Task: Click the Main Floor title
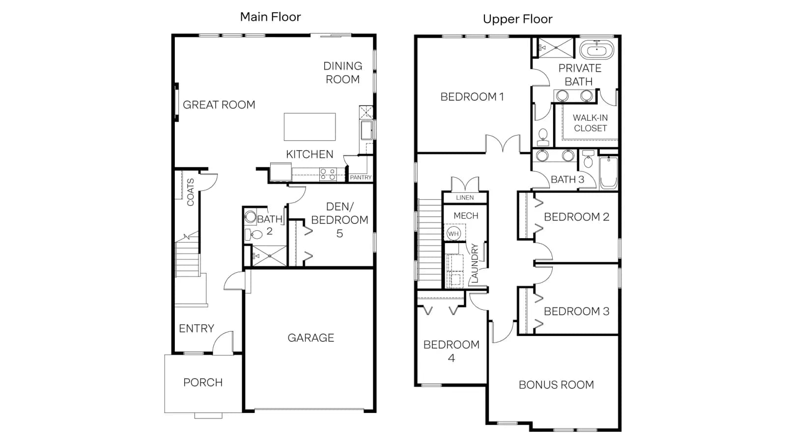coord(270,17)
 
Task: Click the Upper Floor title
coord(518,19)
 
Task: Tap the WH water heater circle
coord(453,233)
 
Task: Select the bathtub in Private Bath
coord(596,50)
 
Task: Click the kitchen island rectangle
coord(309,127)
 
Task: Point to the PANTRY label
coord(361,177)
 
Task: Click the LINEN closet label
coord(465,197)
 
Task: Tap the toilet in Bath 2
coord(254,234)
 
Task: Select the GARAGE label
coord(310,338)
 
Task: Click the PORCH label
coord(203,383)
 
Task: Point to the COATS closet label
coord(191,192)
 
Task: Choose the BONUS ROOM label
coord(556,385)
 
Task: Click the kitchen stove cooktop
coord(328,174)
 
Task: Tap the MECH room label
coord(466,216)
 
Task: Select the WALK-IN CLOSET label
coord(590,123)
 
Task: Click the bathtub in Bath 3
coord(609,173)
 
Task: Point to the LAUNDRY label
coord(475,263)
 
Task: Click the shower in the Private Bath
coord(556,47)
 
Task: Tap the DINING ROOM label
coord(342,73)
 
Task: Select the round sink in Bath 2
coord(250,217)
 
